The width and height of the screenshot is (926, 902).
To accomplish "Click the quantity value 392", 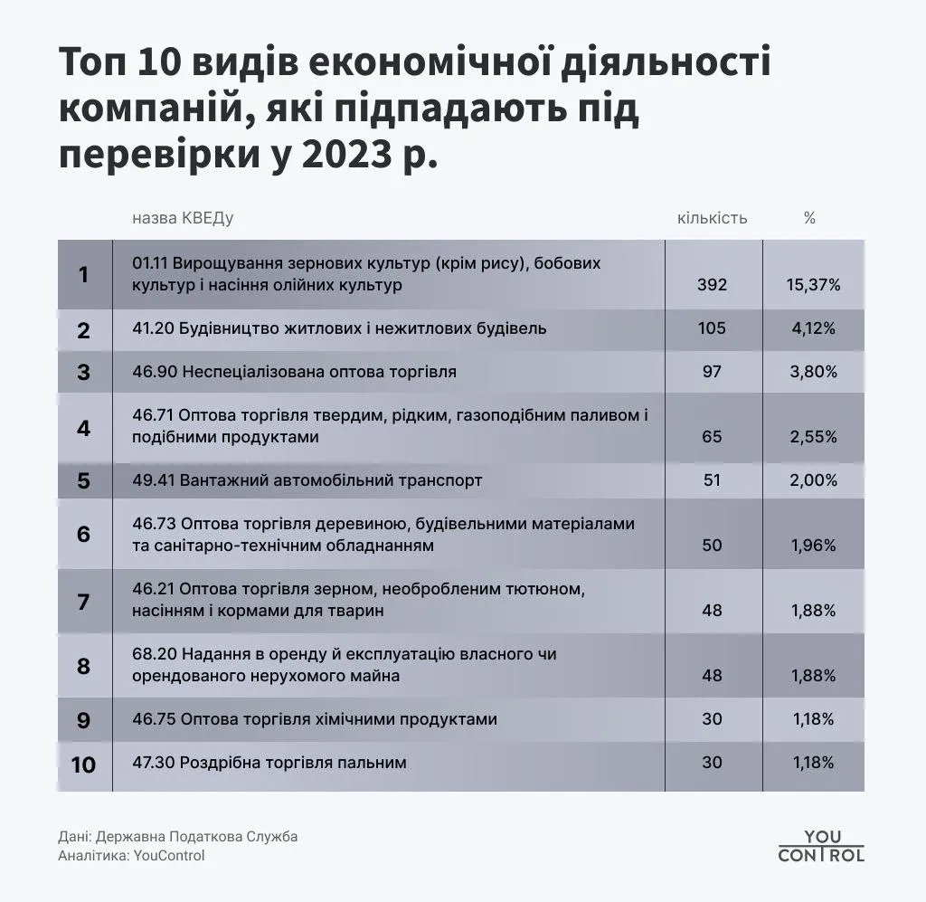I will (x=712, y=285).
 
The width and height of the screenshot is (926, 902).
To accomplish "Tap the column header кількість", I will (x=712, y=218).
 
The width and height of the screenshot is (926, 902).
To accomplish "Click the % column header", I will (x=809, y=218).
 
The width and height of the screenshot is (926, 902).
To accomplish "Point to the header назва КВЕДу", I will (x=183, y=218).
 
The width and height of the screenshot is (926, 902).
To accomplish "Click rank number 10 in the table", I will (x=83, y=764).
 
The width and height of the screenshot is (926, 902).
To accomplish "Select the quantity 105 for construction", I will (x=712, y=328).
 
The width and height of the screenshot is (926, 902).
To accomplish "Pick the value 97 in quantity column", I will (x=712, y=372).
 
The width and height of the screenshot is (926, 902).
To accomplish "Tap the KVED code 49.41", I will (x=152, y=480).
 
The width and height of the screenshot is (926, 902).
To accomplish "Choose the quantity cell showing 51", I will (x=712, y=480).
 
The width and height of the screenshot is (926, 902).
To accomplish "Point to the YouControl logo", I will (x=820, y=846).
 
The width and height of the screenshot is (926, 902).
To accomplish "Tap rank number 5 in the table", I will (x=83, y=480).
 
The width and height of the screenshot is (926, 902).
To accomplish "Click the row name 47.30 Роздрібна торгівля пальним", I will (x=269, y=763).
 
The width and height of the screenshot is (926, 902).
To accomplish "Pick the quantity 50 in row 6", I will (x=712, y=546).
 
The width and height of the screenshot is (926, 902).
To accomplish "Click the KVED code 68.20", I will (x=152, y=653).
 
